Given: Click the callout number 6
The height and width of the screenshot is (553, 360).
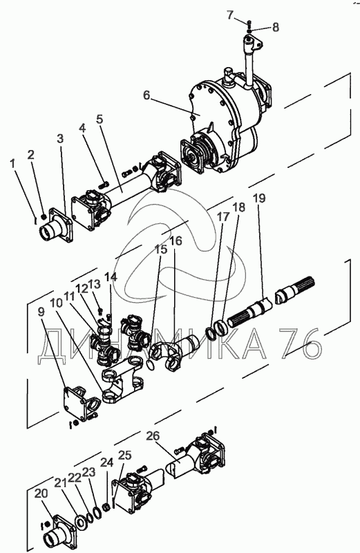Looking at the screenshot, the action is [x=146, y=95].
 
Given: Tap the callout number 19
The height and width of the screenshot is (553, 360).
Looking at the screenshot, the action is [x=259, y=199].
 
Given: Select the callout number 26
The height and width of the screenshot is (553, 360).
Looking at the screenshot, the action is [x=153, y=436].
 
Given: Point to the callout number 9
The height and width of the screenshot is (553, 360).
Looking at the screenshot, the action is [x=41, y=312].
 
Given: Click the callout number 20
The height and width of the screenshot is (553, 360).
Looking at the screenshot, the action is [x=41, y=494].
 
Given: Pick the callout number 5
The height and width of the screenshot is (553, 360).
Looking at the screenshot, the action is [x=100, y=119].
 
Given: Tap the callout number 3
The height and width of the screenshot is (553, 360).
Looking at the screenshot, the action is [x=60, y=139].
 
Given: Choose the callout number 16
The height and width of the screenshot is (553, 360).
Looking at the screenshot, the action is [x=176, y=241].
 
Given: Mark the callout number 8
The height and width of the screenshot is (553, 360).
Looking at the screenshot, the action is [x=276, y=27].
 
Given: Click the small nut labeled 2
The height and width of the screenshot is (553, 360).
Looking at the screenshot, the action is [x=44, y=217].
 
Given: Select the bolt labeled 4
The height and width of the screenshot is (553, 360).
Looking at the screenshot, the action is [x=104, y=184].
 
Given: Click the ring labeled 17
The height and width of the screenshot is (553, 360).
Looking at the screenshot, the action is [x=210, y=333].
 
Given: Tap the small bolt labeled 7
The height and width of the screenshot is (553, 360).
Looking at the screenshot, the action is [x=249, y=24].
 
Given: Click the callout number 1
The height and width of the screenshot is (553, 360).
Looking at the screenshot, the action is [x=13, y=164].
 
